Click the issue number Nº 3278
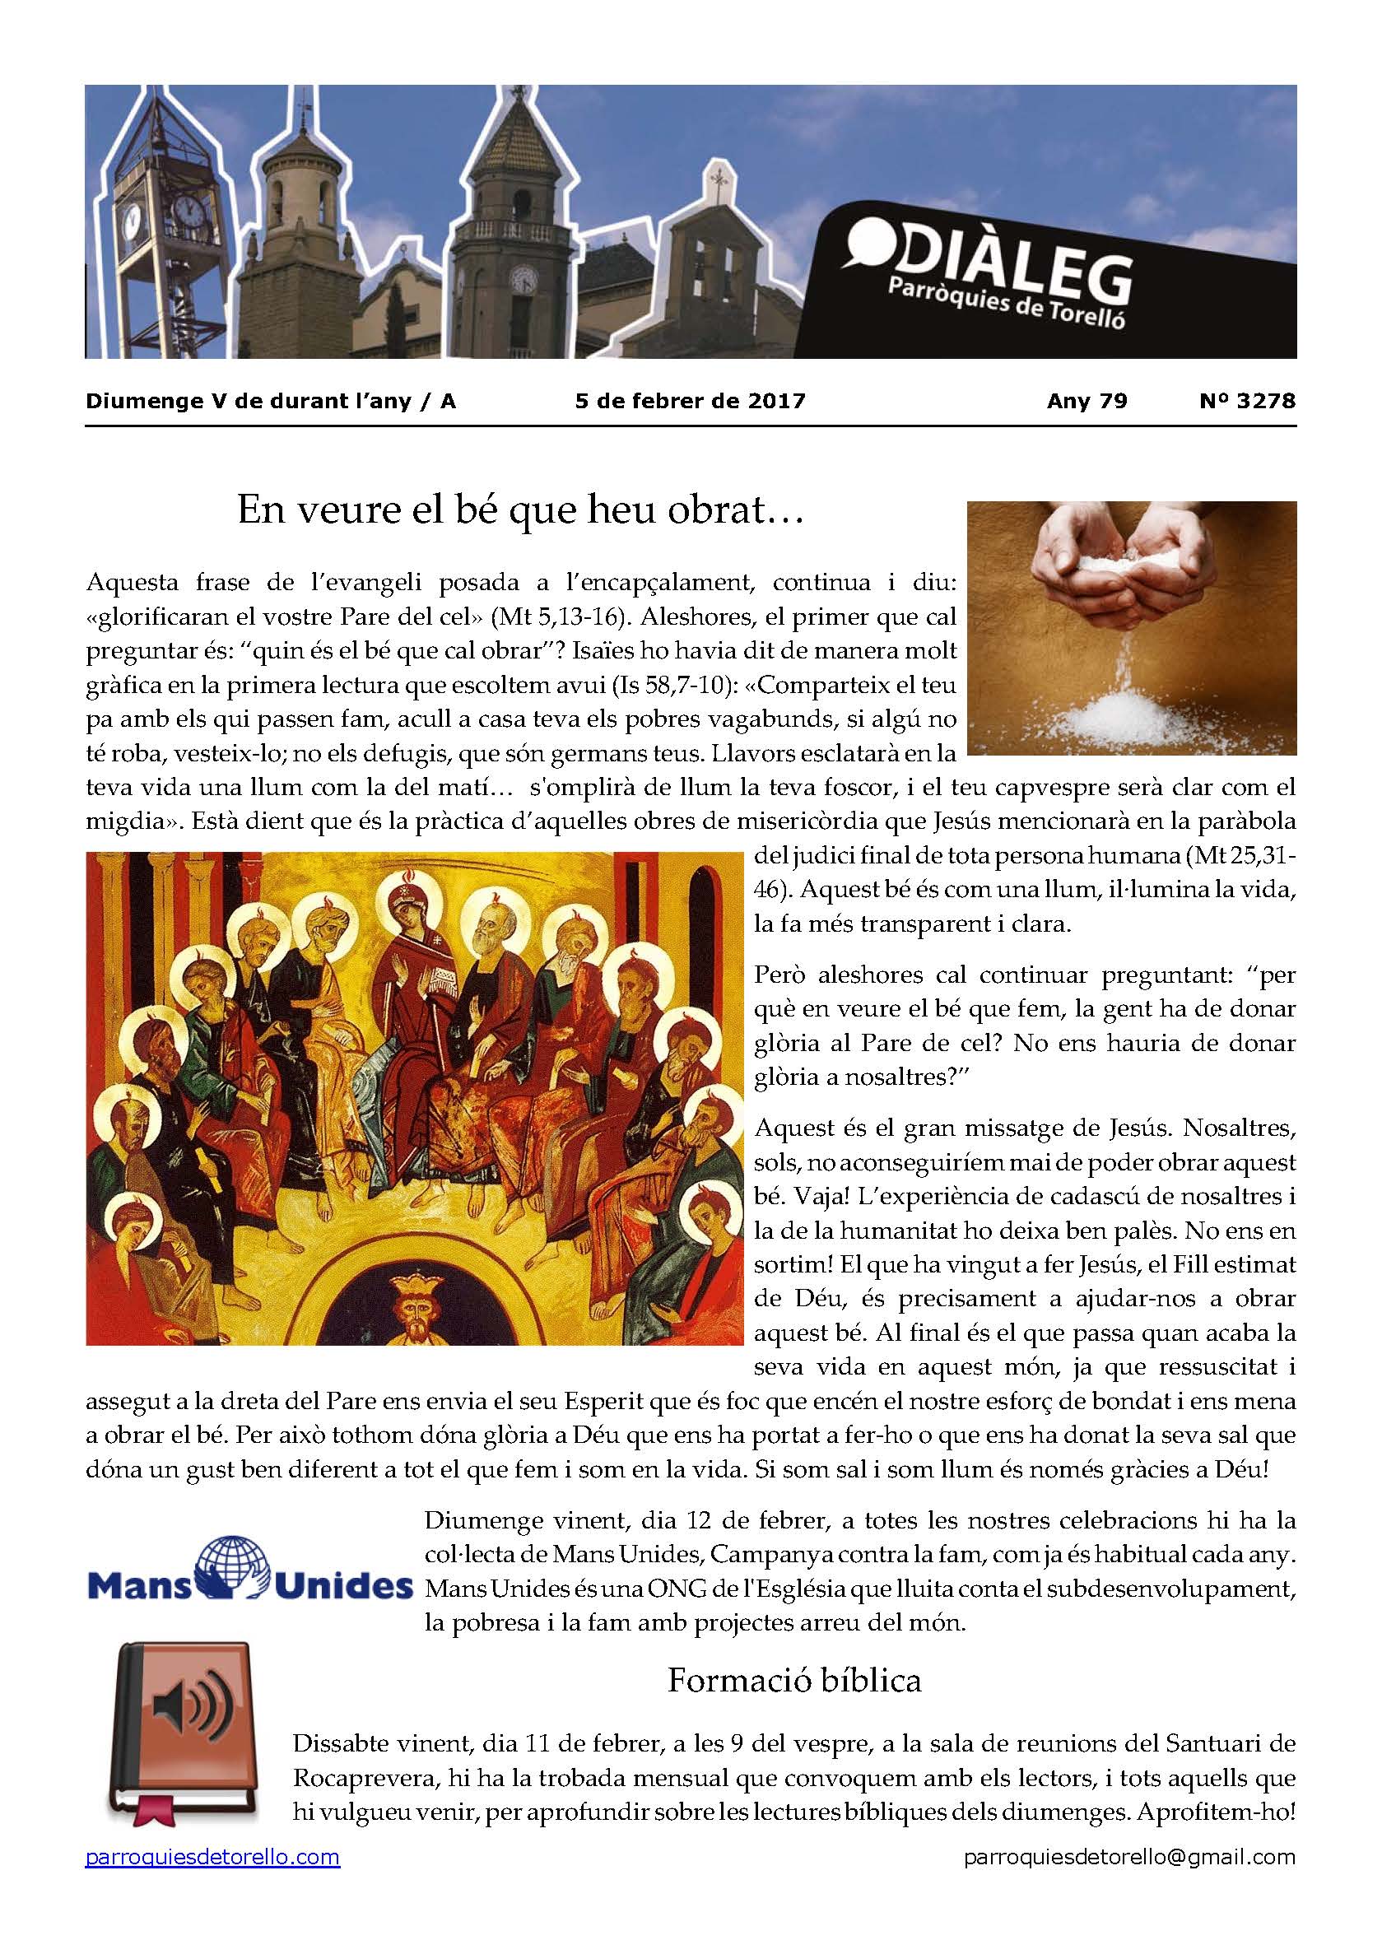click(x=1247, y=401)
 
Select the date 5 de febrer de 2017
click(x=690, y=401)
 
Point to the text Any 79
click(x=1087, y=401)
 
